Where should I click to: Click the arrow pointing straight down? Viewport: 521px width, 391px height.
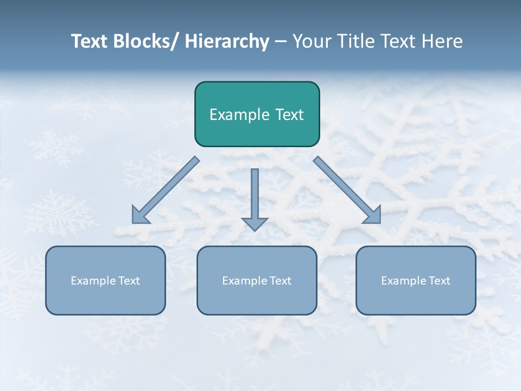(255, 198)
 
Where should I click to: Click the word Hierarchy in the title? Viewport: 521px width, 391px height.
(227, 41)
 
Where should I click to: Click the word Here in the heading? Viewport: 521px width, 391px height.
(442, 41)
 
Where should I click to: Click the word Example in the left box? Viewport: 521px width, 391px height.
(93, 281)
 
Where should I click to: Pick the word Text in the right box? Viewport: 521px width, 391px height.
(439, 281)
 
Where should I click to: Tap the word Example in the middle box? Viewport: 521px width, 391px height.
(245, 281)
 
